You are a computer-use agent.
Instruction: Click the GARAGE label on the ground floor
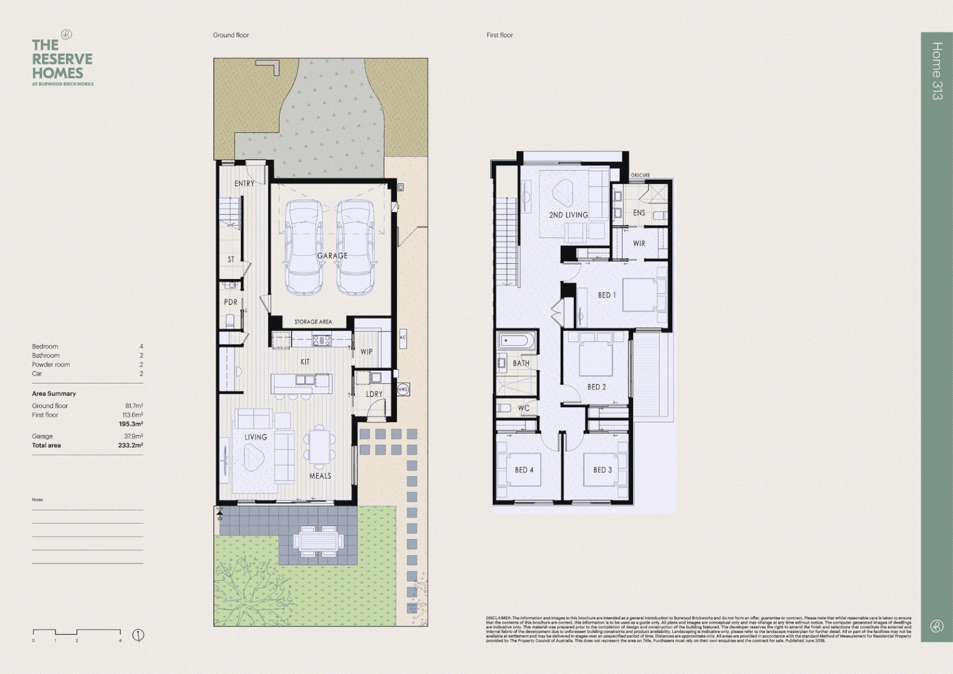point(332,256)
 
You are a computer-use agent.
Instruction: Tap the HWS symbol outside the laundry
point(402,389)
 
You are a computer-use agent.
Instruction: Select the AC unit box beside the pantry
point(402,338)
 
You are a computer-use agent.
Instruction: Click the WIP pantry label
point(366,352)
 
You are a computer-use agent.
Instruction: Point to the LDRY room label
point(374,394)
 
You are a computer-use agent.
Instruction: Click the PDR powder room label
point(231,302)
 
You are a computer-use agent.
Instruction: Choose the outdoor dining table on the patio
point(318,540)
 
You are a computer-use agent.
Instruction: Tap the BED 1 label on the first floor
point(606,295)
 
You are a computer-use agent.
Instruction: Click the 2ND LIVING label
point(568,215)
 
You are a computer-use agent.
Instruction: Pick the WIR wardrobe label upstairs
point(639,243)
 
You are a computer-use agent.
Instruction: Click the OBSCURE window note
point(640,175)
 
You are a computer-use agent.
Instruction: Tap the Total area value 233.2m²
point(130,446)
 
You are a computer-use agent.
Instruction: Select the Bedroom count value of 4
point(141,346)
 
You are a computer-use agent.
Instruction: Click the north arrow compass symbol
point(138,635)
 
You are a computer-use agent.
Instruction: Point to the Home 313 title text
point(936,71)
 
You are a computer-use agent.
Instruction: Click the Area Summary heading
point(54,394)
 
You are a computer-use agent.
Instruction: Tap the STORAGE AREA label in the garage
point(313,322)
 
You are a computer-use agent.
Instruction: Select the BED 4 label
point(524,470)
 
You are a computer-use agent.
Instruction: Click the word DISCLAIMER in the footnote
point(498,618)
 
